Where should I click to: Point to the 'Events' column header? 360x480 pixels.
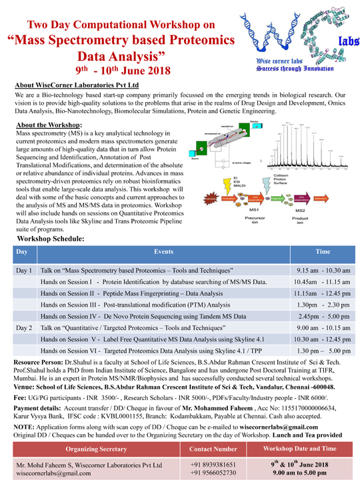[163, 253]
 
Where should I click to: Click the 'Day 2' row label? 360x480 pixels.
[24, 329]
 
